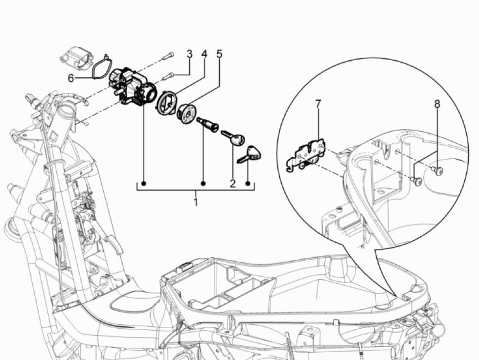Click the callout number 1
tap(195, 202)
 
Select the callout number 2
tap(232, 183)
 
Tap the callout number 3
tap(189, 53)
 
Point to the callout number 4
tap(204, 53)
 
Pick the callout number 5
tap(219, 53)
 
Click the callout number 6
tap(71, 78)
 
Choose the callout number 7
tap(318, 104)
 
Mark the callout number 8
tap(436, 104)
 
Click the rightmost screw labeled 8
tap(438, 171)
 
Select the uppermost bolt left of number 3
tap(168, 56)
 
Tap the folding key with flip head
tap(250, 154)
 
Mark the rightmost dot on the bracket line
tap(248, 184)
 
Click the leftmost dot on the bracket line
tap(144, 184)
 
